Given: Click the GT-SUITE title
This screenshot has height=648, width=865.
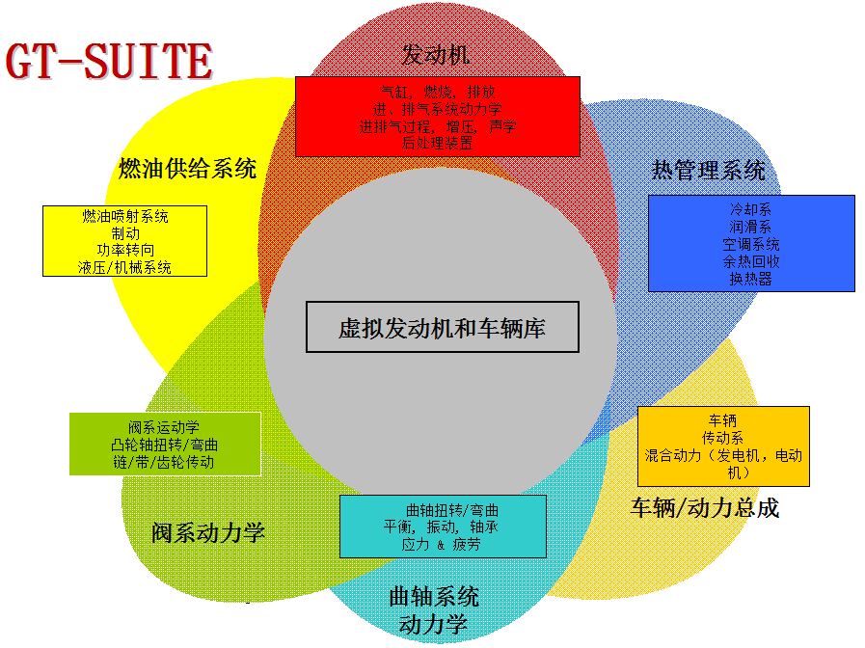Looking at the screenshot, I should (109, 62).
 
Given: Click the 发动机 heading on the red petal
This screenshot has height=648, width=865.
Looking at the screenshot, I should (436, 54).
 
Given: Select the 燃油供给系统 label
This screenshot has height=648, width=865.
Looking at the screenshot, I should (188, 169).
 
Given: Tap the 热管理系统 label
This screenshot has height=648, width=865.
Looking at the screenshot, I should (709, 171).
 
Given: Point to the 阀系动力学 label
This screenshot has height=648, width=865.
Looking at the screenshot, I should (208, 532).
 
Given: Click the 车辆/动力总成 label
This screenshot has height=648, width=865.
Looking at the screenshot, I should (705, 508).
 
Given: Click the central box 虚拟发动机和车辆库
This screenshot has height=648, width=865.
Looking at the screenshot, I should (443, 328).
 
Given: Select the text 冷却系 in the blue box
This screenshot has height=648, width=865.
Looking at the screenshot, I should (751, 209).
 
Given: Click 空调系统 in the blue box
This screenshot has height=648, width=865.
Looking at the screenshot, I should (751, 244).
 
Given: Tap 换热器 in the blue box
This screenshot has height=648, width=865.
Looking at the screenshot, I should (751, 279).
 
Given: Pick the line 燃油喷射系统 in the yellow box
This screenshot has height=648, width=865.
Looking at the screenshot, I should (125, 216).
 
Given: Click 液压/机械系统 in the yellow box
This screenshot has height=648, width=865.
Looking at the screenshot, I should (125, 268).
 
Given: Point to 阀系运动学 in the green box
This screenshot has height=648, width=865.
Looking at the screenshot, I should (164, 427).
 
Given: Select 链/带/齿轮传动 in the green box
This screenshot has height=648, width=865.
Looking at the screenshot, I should (164, 462).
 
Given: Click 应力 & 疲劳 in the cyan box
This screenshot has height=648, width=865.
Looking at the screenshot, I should (441, 545).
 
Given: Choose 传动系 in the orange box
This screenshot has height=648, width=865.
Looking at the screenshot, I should (723, 438).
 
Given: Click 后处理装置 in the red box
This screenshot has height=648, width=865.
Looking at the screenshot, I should (438, 143).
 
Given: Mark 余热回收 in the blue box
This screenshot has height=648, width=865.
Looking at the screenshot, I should (751, 261).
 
